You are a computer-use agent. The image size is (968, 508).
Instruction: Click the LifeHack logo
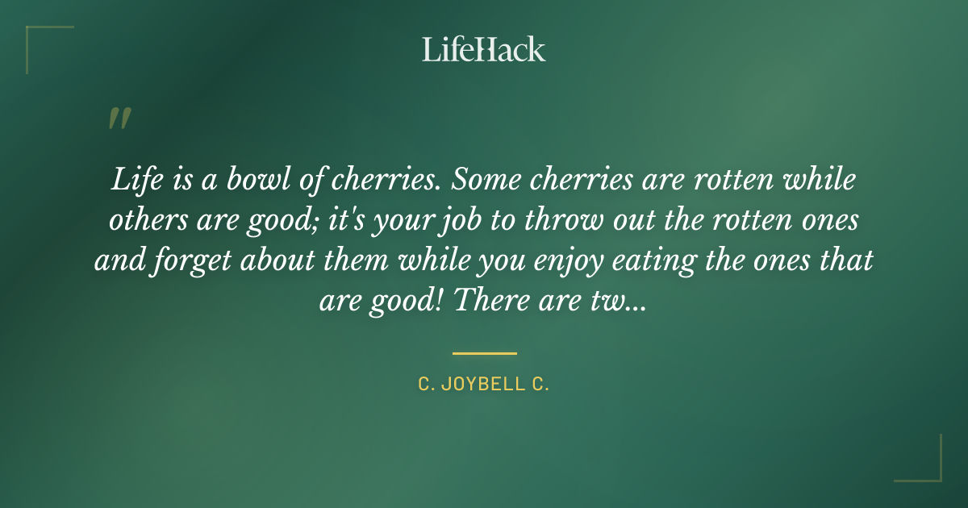coord(483,49)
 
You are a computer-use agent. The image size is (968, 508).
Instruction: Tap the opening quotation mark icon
coord(119,119)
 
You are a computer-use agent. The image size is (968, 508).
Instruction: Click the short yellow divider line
coord(484,353)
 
